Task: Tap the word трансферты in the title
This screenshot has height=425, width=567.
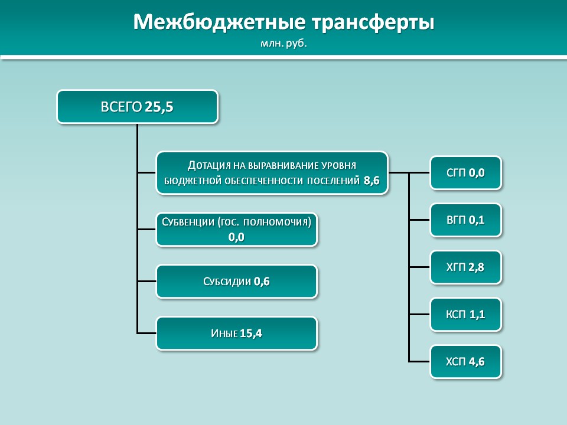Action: [x=373, y=23]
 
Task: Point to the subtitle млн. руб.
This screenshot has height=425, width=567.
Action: [x=283, y=44]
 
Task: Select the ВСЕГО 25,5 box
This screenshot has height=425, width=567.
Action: [x=138, y=107]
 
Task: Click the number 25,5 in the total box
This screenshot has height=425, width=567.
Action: [x=159, y=107]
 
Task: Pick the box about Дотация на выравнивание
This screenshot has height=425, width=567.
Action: [x=272, y=173]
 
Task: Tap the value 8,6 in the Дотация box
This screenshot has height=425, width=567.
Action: [x=372, y=181]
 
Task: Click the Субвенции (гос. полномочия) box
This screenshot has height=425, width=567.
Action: [x=236, y=230]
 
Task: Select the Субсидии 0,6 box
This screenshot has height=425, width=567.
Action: [x=236, y=281]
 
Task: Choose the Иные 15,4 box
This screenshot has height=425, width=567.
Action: [x=236, y=333]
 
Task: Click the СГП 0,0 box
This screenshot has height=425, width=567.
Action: [x=466, y=173]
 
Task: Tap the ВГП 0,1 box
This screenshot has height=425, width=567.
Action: [x=466, y=220]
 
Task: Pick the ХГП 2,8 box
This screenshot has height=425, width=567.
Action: [x=466, y=267]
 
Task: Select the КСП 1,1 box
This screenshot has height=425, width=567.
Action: [x=466, y=315]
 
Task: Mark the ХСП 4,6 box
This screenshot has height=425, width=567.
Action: [x=466, y=362]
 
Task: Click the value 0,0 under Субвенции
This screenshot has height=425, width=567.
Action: [x=236, y=237]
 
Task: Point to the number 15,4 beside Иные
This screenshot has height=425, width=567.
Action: [x=251, y=333]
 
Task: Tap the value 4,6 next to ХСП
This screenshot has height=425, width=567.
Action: [x=477, y=362]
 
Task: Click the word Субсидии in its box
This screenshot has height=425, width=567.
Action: [x=227, y=281]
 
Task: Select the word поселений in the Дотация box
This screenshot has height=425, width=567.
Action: [x=333, y=181]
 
